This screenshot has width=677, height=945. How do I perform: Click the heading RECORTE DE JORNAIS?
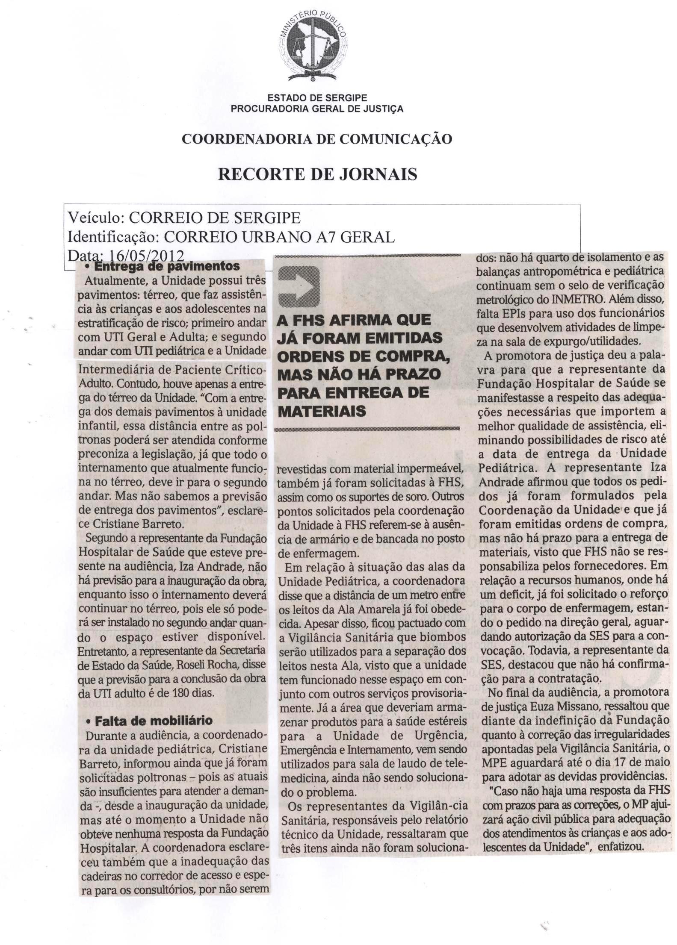pyautogui.click(x=317, y=174)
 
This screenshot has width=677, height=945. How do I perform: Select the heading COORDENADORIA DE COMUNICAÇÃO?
pyautogui.click(x=317, y=139)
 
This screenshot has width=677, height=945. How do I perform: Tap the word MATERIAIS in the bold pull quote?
pyautogui.click(x=322, y=411)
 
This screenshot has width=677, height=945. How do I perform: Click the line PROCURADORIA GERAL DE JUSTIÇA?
pyautogui.click(x=317, y=109)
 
